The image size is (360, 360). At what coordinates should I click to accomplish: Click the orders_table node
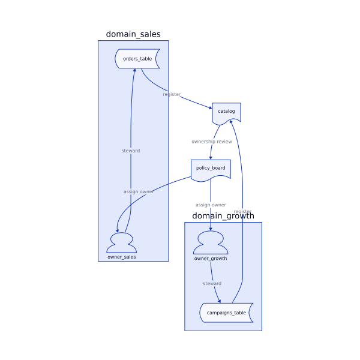(137, 59)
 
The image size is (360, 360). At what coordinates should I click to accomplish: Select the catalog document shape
(226, 112)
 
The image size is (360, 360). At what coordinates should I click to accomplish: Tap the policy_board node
(210, 169)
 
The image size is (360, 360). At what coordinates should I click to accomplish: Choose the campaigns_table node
(226, 313)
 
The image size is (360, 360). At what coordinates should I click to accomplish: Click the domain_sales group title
(133, 34)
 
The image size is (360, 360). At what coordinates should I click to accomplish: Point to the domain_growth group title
(223, 216)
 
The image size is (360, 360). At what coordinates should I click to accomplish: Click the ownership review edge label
(212, 142)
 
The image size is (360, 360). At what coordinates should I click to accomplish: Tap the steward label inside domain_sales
(130, 151)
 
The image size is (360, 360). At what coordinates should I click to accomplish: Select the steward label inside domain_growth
(212, 283)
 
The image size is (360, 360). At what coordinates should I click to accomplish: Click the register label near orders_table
(172, 94)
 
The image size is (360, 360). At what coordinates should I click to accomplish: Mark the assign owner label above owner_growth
(211, 205)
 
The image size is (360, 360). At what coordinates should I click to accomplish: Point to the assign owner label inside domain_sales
(139, 191)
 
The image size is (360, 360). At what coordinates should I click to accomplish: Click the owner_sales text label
(121, 257)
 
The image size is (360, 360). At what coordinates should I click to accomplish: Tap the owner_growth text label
(211, 258)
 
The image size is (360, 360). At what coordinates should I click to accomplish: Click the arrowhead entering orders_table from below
(135, 71)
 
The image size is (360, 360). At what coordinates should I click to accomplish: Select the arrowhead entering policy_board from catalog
(211, 157)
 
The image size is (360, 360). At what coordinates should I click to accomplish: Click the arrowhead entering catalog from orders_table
(210, 108)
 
